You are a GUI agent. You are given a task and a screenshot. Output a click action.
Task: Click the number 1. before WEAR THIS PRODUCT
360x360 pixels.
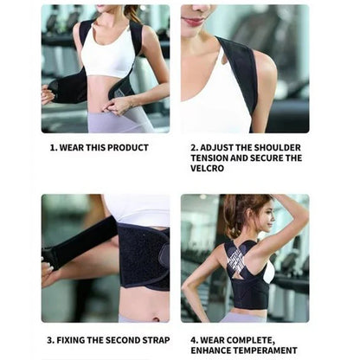[x=53, y=148]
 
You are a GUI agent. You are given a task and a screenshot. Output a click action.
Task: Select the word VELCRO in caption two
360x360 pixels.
[x=209, y=169]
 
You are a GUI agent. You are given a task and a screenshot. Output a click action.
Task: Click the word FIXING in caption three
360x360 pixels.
[x=72, y=340]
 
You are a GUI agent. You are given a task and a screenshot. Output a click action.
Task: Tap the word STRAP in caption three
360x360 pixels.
[x=156, y=340]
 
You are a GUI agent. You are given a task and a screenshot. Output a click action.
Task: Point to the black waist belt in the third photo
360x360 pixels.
[x=143, y=255]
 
